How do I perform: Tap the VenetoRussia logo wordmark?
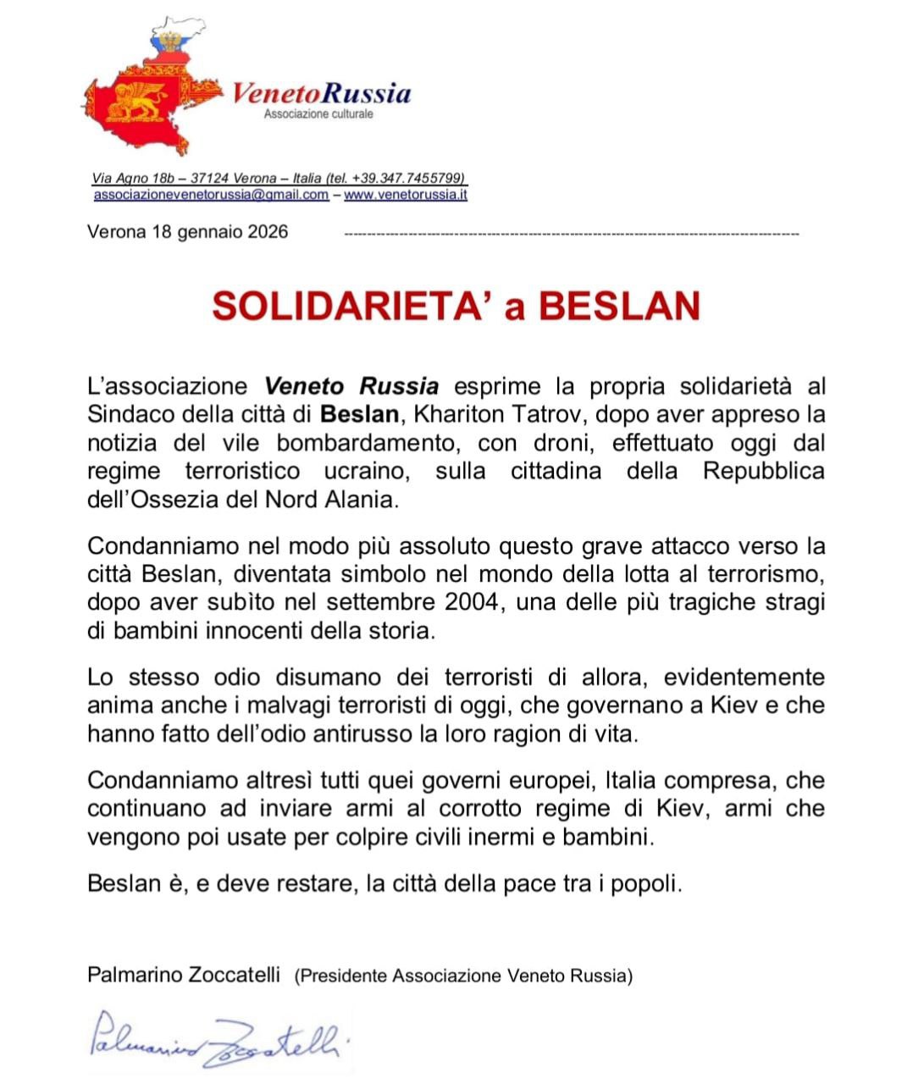point(322,92)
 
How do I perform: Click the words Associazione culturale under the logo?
point(318,113)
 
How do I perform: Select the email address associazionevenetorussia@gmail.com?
point(211,195)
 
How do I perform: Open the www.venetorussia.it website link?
point(406,195)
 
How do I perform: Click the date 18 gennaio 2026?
point(220,232)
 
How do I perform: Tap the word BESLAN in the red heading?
point(619,306)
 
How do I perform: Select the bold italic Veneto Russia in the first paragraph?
point(351,387)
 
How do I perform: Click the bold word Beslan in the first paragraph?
point(359,415)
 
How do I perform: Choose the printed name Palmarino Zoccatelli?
point(183,975)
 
